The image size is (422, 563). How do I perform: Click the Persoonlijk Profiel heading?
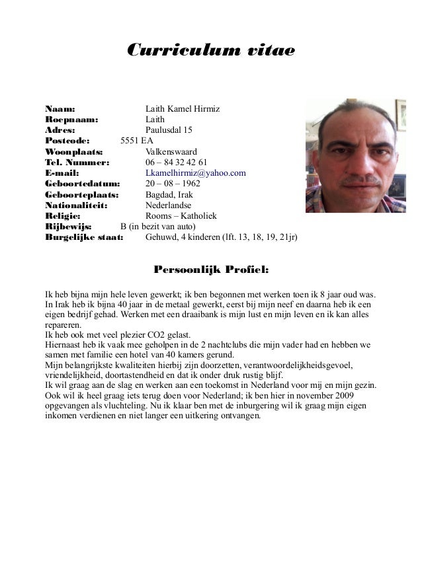click(x=211, y=270)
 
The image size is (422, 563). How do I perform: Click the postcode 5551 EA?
click(x=136, y=141)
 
